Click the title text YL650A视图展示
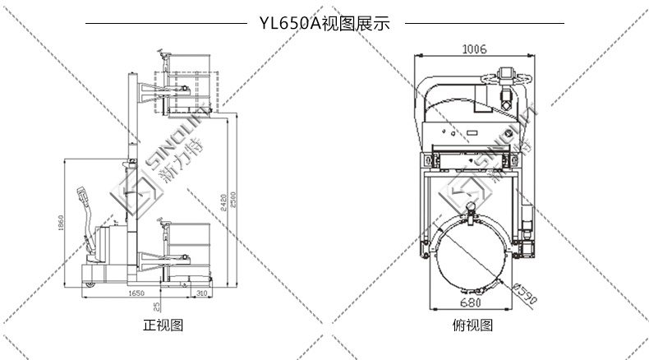click(324, 24)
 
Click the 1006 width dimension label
click(474, 49)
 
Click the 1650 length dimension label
click(136, 293)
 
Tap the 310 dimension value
click(200, 293)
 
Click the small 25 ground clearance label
click(157, 305)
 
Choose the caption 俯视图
click(473, 325)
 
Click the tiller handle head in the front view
click(82, 196)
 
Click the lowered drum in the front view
click(187, 238)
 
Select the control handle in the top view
click(507, 77)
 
